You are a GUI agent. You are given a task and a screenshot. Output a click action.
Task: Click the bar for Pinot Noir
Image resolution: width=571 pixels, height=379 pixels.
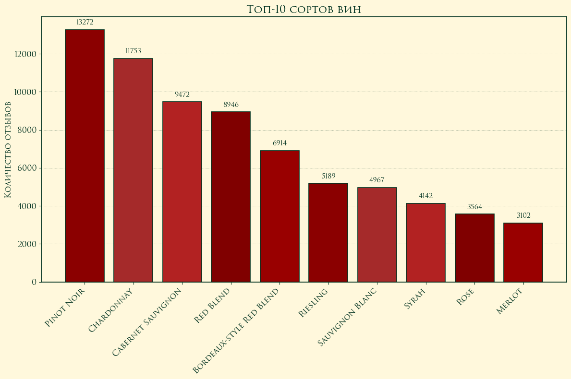pyautogui.click(x=85, y=156)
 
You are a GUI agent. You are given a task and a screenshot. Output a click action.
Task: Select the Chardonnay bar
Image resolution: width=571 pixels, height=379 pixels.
pyautogui.click(x=133, y=170)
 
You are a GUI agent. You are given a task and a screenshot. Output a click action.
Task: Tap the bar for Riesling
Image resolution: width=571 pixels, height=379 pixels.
pyautogui.click(x=328, y=233)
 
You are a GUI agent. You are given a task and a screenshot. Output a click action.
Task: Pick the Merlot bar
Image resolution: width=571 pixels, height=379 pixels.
pyautogui.click(x=523, y=252)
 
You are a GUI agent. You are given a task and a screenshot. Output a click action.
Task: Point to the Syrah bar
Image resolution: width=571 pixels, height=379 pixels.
pyautogui.click(x=425, y=243)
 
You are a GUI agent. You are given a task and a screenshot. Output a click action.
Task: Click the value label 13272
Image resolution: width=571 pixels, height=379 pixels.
pyautogui.click(x=85, y=22)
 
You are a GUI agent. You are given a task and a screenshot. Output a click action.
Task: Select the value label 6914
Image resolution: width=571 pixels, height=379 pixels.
pyautogui.click(x=279, y=143)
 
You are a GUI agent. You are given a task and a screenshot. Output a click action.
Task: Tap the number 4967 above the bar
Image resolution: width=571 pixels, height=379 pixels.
pyautogui.click(x=377, y=180)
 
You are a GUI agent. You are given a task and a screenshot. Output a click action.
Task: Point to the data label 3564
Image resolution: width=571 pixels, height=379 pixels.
pyautogui.click(x=474, y=207)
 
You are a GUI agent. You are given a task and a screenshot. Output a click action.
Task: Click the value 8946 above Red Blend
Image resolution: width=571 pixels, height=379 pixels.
pyautogui.click(x=231, y=105)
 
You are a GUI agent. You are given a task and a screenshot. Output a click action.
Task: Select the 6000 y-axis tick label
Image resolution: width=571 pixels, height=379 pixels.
pyautogui.click(x=27, y=168)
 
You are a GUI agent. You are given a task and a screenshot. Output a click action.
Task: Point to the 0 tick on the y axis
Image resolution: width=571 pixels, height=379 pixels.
pyautogui.click(x=34, y=282)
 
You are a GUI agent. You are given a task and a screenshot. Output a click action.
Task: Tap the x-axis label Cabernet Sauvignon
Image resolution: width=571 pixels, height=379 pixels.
pyautogui.click(x=148, y=322)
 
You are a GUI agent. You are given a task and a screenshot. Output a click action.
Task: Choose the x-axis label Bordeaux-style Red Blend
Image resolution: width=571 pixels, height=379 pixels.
pyautogui.click(x=236, y=331)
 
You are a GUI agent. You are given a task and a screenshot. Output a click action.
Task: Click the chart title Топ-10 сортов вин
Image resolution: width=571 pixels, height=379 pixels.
pyautogui.click(x=304, y=9)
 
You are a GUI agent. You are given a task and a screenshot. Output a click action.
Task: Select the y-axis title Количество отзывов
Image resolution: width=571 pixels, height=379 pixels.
pyautogui.click(x=8, y=150)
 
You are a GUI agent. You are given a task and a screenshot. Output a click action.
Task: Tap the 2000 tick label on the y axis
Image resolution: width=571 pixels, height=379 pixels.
pyautogui.click(x=27, y=244)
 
